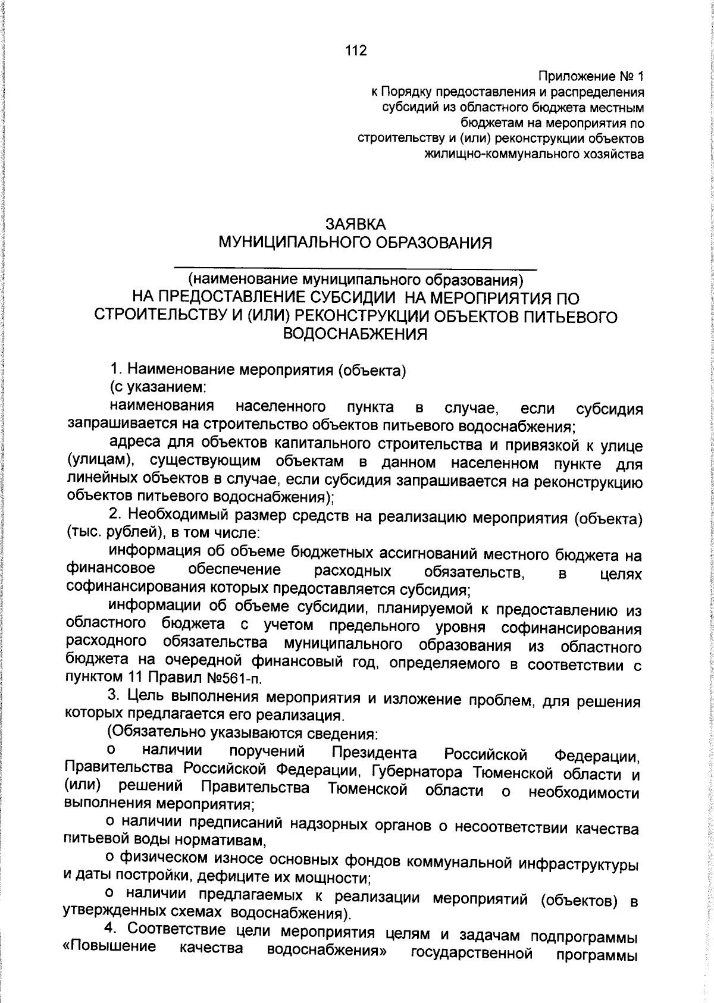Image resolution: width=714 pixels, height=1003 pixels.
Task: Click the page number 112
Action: pyautogui.click(x=356, y=51)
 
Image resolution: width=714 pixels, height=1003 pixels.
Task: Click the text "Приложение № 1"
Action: pyautogui.click(x=591, y=77)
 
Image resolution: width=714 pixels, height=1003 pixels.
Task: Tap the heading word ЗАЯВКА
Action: pyautogui.click(x=356, y=224)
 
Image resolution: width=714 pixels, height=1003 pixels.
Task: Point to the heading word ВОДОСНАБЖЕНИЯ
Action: pyautogui.click(x=356, y=334)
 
